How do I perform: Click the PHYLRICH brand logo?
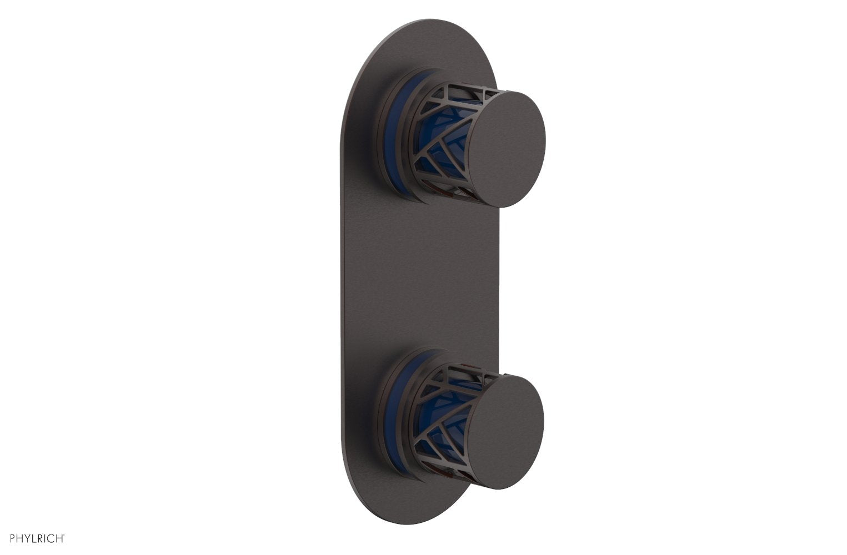[x=37, y=538]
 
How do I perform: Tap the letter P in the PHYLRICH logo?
[x=12, y=538]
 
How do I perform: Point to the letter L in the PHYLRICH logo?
[x=34, y=538]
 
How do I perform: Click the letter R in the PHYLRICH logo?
[x=41, y=538]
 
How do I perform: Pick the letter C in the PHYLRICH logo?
[x=52, y=538]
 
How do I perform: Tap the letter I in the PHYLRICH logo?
[x=46, y=538]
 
